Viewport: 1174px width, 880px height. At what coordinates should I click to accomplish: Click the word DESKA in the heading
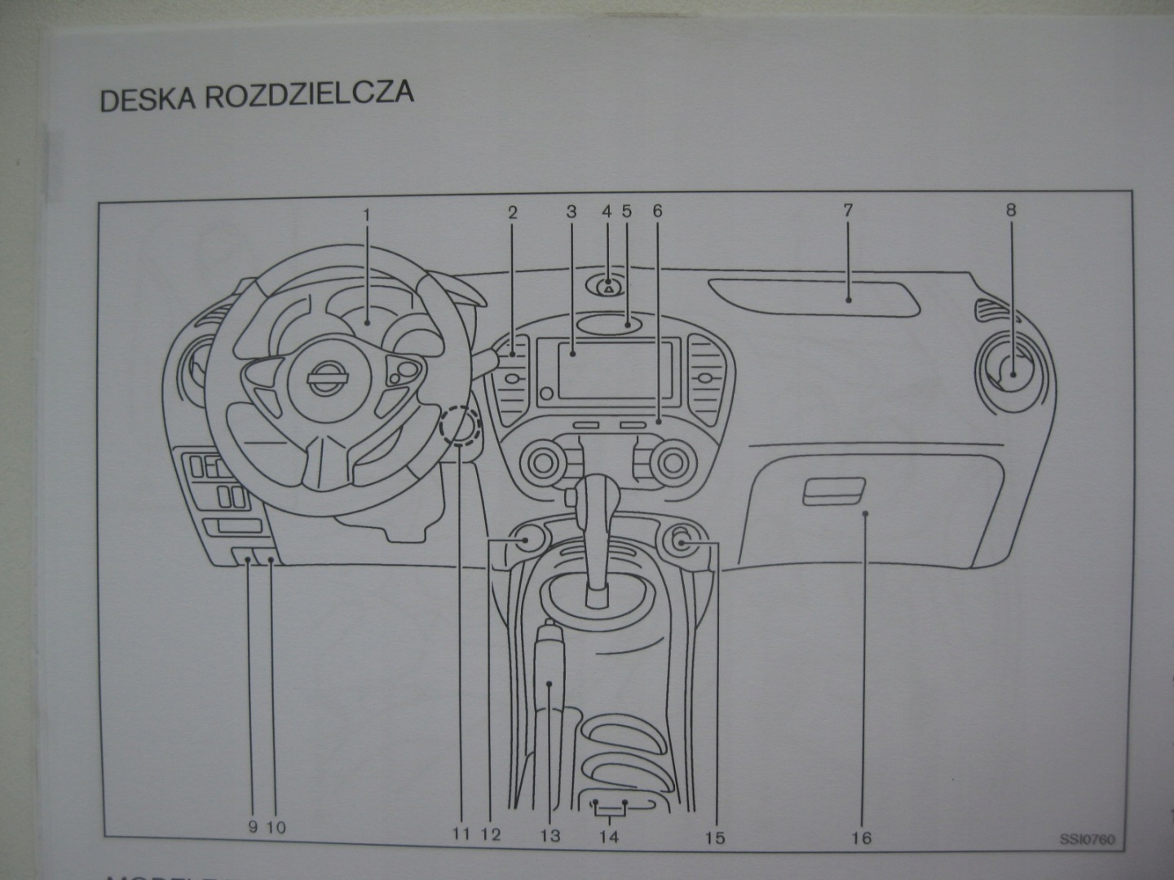point(148,99)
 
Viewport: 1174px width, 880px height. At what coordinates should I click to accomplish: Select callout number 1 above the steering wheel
point(367,214)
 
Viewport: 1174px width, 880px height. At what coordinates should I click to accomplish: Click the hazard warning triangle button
point(609,288)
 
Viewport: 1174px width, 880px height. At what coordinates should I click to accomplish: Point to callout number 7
point(848,210)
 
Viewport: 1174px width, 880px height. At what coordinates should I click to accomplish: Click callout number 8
point(1011,210)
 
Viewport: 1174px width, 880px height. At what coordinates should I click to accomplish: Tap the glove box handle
point(832,492)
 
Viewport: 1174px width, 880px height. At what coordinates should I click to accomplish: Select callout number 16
point(862,837)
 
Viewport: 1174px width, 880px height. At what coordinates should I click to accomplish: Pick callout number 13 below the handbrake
point(550,835)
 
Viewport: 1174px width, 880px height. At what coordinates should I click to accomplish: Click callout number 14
point(609,836)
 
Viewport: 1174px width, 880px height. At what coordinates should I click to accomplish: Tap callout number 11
point(461,834)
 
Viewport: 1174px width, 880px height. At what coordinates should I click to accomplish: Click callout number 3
point(572,212)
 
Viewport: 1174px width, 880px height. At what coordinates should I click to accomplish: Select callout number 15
point(715,837)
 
